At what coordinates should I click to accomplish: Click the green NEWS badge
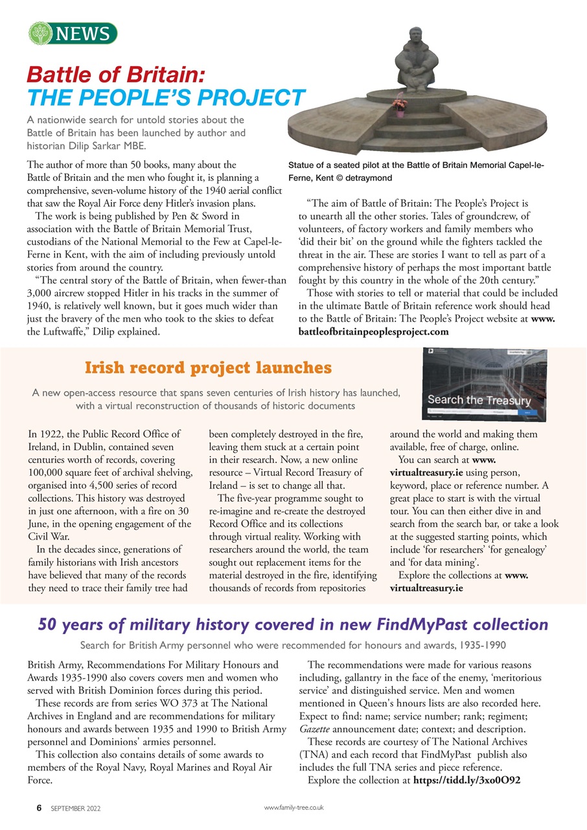(73, 33)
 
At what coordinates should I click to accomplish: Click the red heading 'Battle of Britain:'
(116, 73)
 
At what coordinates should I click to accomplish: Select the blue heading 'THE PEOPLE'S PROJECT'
(166, 97)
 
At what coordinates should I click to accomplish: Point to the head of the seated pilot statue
(415, 35)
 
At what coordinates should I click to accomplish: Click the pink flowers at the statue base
(400, 102)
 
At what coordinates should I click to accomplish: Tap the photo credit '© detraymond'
(366, 177)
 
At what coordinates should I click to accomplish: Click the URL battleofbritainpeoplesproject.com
(373, 332)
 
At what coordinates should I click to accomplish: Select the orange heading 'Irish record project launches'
(208, 368)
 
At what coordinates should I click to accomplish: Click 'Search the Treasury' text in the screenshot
(479, 400)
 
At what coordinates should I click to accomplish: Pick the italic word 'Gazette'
(316, 728)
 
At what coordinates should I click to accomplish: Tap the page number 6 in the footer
(39, 809)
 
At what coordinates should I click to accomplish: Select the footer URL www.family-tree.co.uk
(294, 808)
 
